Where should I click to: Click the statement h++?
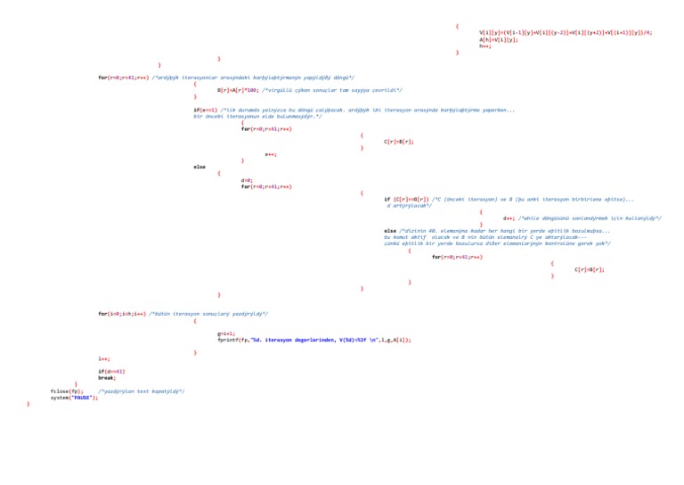coord(484,45)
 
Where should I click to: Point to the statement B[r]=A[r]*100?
coord(238,90)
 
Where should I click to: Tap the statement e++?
coord(271,154)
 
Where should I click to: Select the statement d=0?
coord(247,180)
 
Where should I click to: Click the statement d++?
coord(509,218)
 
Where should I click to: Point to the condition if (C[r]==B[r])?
coord(406,199)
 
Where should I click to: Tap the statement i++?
coord(104,358)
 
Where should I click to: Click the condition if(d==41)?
coord(111,371)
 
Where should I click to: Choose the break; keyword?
coord(107,378)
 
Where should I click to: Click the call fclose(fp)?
coord(67,390)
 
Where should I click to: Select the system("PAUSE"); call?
coord(74,397)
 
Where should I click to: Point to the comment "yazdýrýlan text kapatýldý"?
coord(141,390)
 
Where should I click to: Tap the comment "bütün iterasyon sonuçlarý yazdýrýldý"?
coord(208,314)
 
